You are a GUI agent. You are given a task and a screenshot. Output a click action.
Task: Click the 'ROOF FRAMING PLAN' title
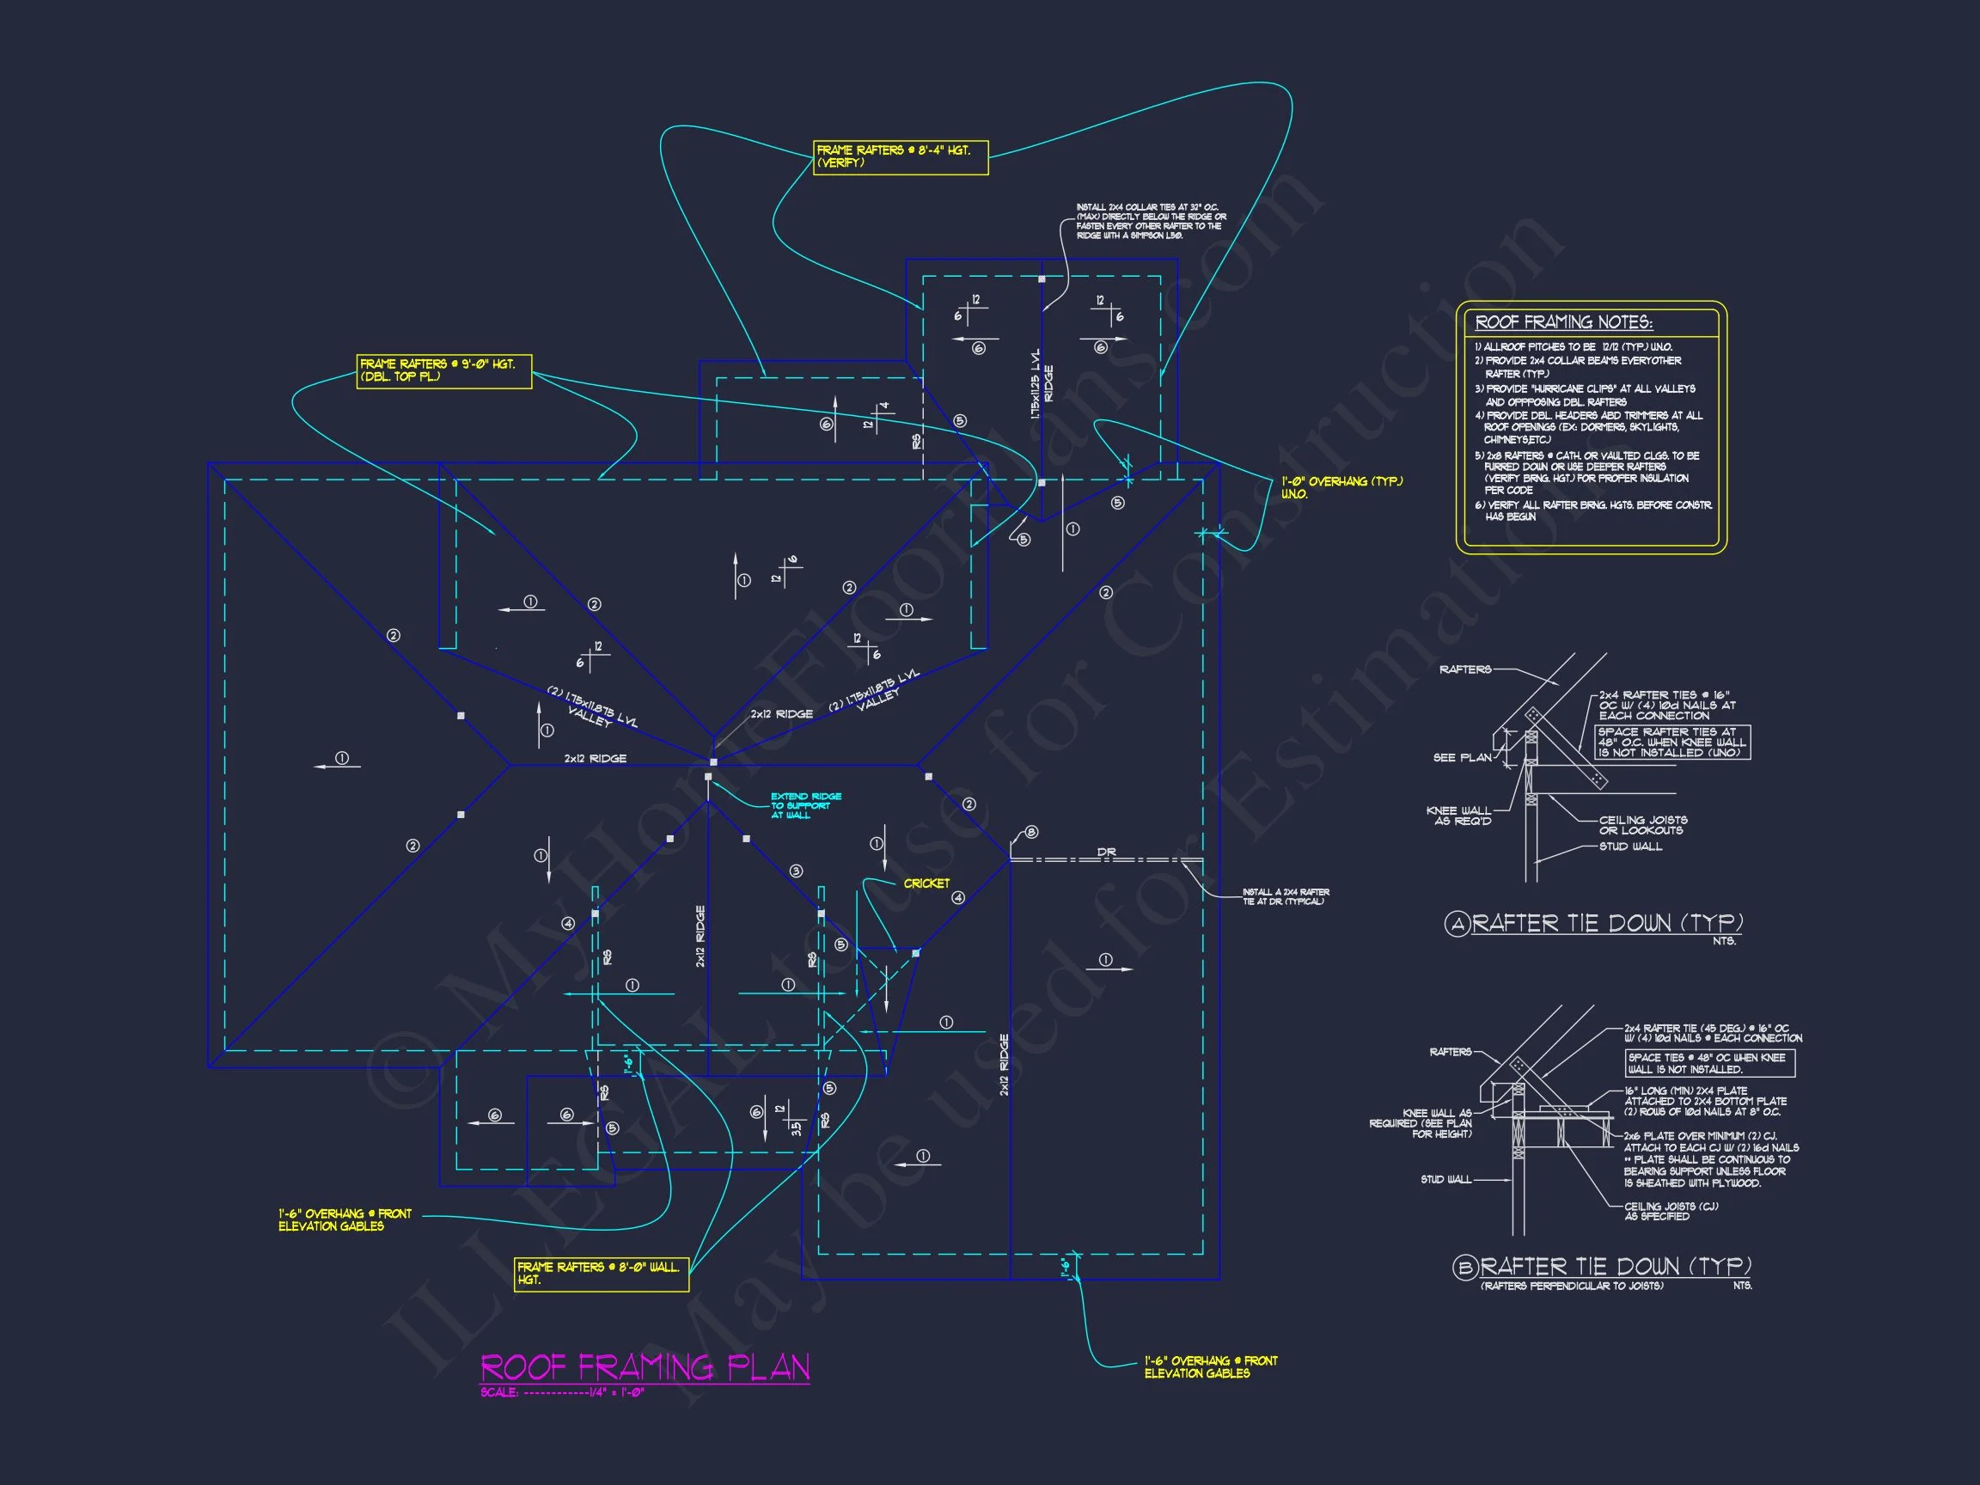[645, 1367]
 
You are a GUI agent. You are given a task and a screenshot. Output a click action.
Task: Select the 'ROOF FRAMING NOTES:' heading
[1563, 322]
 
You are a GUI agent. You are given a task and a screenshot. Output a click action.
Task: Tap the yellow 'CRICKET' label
[926, 883]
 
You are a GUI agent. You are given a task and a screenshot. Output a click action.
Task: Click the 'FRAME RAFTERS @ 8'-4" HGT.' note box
[900, 156]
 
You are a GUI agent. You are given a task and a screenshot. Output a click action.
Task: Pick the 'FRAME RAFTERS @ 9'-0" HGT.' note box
[443, 370]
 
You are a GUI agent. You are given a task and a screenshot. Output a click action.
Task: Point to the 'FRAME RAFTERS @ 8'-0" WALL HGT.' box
[601, 1274]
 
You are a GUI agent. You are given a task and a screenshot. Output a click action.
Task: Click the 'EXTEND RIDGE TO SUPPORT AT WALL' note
[805, 805]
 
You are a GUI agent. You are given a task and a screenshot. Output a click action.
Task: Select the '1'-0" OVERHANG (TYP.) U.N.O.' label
[1341, 488]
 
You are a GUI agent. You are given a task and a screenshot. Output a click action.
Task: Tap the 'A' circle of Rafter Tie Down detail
[1457, 924]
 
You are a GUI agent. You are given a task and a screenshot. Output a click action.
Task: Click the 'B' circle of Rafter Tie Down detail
[1464, 1268]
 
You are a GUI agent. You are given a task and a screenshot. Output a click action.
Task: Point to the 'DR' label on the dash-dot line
[1106, 852]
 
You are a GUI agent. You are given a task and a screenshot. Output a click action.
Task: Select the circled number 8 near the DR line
[1031, 833]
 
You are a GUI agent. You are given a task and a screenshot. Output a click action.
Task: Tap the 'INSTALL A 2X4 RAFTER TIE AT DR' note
[1286, 896]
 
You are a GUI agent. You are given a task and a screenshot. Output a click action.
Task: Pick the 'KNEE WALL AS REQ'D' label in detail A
[1459, 816]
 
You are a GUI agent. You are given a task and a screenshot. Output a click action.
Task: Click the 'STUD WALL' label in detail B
[1445, 1180]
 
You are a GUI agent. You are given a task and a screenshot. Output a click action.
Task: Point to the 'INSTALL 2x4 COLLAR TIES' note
[1150, 221]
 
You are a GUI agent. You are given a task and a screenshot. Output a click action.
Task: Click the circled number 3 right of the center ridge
[796, 871]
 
